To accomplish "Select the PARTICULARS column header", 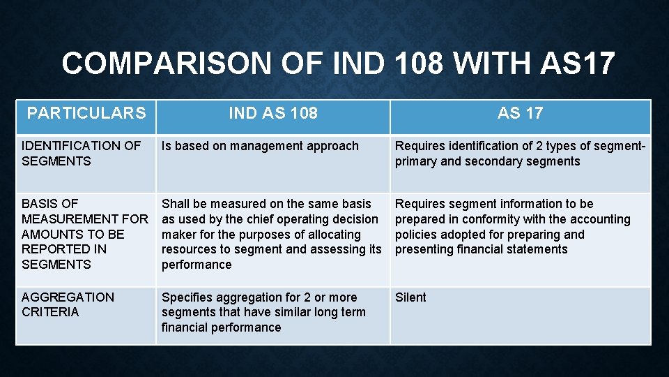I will click(x=86, y=113).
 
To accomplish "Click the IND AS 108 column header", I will click(x=273, y=113).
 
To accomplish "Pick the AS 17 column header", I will click(x=520, y=113).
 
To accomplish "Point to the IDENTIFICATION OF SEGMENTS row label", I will click(x=81, y=154).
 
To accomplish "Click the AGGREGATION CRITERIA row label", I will click(x=68, y=304).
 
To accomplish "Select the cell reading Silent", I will click(x=410, y=297).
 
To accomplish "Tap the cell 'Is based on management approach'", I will click(x=260, y=146).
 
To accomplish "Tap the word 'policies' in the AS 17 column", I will click(x=416, y=235).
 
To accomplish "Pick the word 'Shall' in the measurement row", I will click(x=176, y=204).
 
